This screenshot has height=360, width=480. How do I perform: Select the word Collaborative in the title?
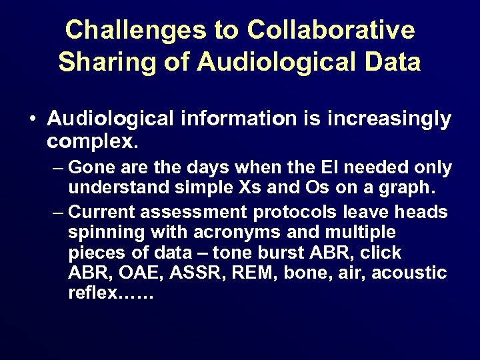331,30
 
